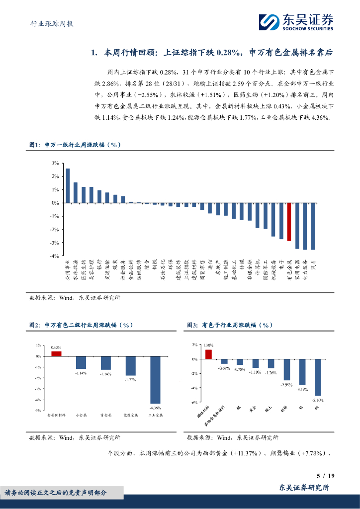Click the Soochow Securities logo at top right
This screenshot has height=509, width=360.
[x=295, y=21]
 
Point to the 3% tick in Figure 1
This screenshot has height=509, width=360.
[x=55, y=163]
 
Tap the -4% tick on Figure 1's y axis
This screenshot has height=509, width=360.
[x=54, y=255]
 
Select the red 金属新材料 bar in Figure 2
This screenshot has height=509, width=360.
[x=56, y=354]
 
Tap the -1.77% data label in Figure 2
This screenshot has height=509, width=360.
[x=130, y=380]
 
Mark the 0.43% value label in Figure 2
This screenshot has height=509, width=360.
[x=56, y=347]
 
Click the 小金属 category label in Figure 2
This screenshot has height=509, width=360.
[x=81, y=415]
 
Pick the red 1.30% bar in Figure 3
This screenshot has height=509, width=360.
[x=208, y=354]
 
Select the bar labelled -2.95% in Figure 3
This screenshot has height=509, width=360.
[x=287, y=369]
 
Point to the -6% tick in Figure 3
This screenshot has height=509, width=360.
[x=195, y=402]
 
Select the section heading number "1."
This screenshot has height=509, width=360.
[x=95, y=52]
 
